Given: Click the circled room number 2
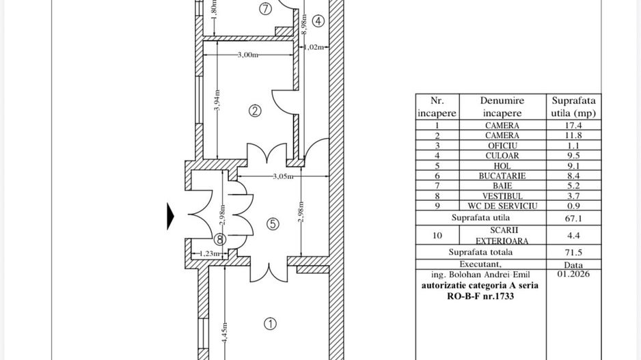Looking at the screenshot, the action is tap(255, 111).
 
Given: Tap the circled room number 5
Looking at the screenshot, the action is tap(273, 224).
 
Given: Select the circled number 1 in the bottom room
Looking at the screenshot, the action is tap(270, 324).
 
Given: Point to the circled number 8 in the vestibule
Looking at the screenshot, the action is tap(220, 240).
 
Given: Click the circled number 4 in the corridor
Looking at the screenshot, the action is tap(318, 21).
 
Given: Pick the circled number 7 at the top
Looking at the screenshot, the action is tap(266, 9).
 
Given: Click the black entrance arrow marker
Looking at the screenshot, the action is tap(170, 217).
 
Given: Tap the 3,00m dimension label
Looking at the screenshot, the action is tap(248, 55).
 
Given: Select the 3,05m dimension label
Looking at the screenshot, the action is tap(284, 176).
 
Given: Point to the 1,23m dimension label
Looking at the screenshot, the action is tap(209, 253).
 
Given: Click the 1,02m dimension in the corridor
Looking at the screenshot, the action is tap(314, 47).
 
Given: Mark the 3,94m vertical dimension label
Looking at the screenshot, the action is tap(217, 100).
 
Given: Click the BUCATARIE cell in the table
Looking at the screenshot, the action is tap(502, 176).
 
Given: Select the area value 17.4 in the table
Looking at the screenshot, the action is tap(573, 126).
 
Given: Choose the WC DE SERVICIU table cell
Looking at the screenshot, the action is tap(502, 206).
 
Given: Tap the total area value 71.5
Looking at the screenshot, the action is tap(573, 253).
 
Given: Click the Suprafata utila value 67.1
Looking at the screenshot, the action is tap(573, 219).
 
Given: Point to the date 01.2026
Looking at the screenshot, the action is tap(573, 274).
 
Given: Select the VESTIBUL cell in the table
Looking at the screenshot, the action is tap(502, 196).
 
